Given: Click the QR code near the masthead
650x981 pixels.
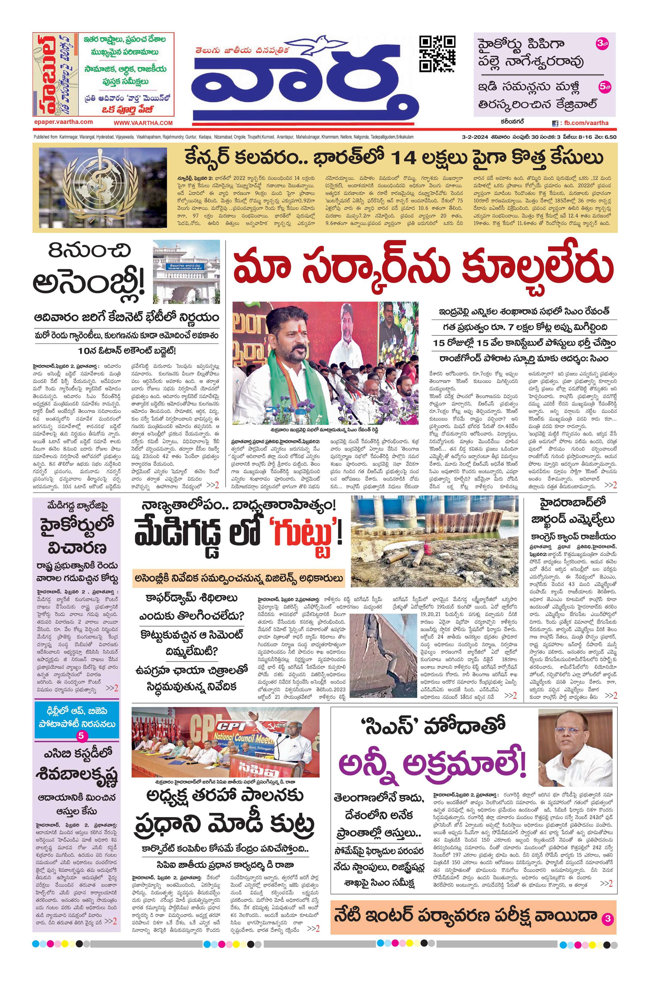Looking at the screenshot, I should [437, 54].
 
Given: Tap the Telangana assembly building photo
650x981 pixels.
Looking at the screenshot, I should [186, 271].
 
